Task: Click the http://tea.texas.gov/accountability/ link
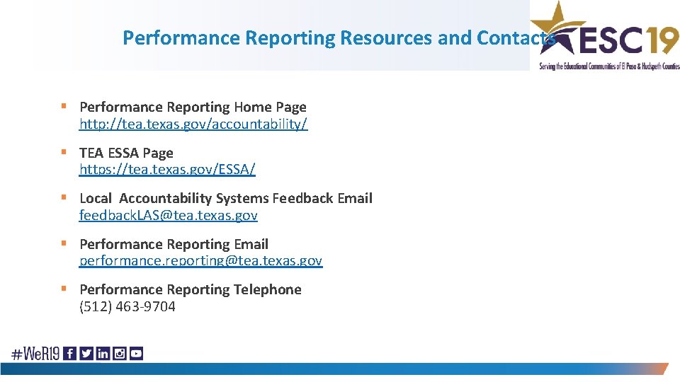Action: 193,125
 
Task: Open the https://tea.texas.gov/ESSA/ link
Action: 167,170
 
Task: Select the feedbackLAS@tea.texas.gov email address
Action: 169,215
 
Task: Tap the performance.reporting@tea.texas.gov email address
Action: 200,260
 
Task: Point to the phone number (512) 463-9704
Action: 127,306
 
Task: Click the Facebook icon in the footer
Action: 69,353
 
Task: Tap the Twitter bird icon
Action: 86,353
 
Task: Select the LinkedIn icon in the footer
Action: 103,353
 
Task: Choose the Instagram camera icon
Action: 120,353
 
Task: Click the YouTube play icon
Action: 136,353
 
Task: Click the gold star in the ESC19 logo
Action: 557,25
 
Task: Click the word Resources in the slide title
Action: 387,37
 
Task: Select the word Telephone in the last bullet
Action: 268,289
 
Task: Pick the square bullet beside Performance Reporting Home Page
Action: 64,107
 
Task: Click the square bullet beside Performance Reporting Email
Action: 64,243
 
